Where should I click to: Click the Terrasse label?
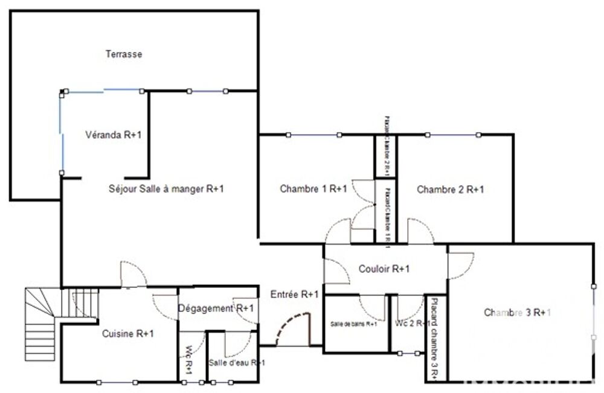124,54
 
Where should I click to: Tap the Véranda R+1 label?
113,135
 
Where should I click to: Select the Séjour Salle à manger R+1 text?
165,189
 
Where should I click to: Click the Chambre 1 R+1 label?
313,189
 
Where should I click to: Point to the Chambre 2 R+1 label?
450,189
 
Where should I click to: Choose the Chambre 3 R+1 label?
518,312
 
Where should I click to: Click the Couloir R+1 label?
384,269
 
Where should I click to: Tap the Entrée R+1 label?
295,295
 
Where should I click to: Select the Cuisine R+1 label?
127,333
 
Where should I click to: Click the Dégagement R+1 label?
216,308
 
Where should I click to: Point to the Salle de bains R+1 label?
354,324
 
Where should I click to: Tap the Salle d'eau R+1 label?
236,362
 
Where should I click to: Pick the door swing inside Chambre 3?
461,264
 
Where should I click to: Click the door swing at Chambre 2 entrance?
419,231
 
